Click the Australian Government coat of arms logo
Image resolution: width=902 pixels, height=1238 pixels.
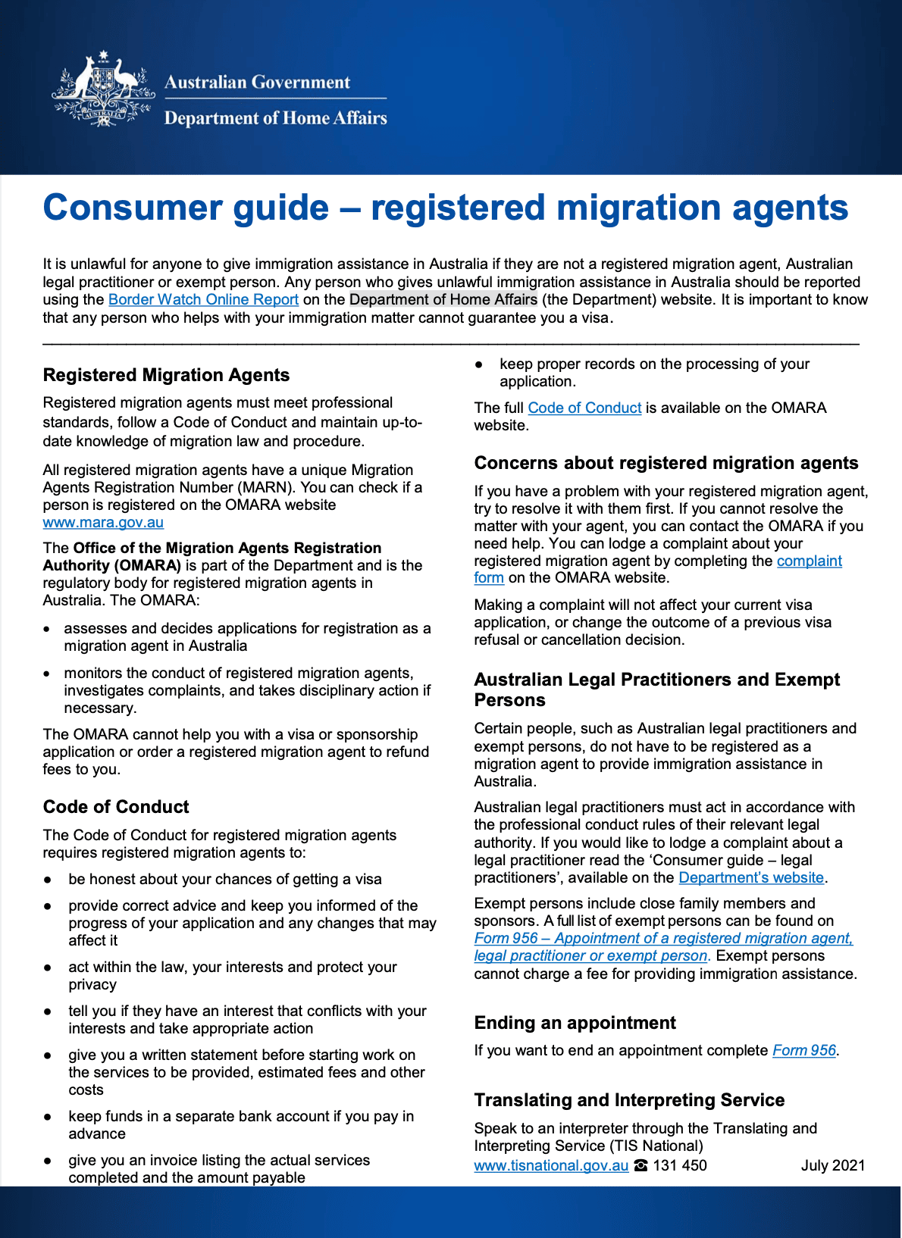click(103, 89)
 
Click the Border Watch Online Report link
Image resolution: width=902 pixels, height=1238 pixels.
click(203, 299)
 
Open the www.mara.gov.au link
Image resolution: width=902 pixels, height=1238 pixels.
click(103, 522)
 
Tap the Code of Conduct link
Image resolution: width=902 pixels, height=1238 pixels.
click(584, 408)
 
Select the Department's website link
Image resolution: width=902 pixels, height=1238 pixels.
click(750, 877)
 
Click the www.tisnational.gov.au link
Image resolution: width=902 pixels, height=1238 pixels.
click(551, 1165)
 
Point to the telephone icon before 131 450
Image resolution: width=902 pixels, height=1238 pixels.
click(641, 1165)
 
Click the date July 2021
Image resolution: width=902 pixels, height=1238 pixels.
click(832, 1165)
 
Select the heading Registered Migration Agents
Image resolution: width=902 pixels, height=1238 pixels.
click(166, 375)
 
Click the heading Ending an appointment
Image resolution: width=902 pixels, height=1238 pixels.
click(575, 1023)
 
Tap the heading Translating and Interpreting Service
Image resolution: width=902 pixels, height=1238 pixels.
click(629, 1100)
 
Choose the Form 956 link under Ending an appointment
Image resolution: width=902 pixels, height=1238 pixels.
click(803, 1050)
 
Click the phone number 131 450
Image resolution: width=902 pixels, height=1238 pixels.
click(680, 1165)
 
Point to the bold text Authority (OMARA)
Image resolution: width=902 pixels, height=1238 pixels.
click(112, 565)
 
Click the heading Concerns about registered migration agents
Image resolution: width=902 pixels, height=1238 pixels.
click(666, 463)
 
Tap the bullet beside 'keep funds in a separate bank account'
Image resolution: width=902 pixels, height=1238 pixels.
click(48, 1117)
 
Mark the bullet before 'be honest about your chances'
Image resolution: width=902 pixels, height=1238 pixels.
click(48, 880)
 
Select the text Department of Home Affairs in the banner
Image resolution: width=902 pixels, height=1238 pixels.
click(275, 118)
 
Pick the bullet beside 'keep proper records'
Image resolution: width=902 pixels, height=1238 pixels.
click(479, 364)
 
